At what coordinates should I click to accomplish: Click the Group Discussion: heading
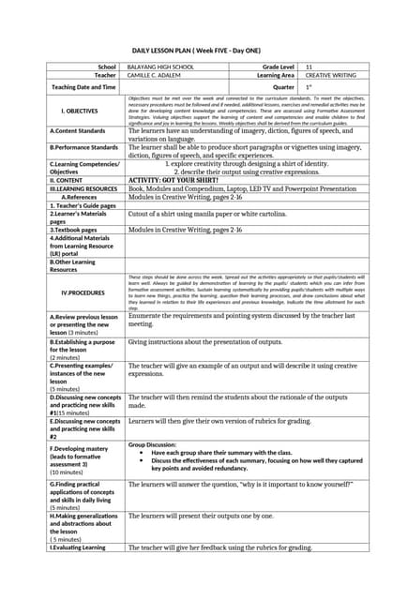click(x=152, y=444)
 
